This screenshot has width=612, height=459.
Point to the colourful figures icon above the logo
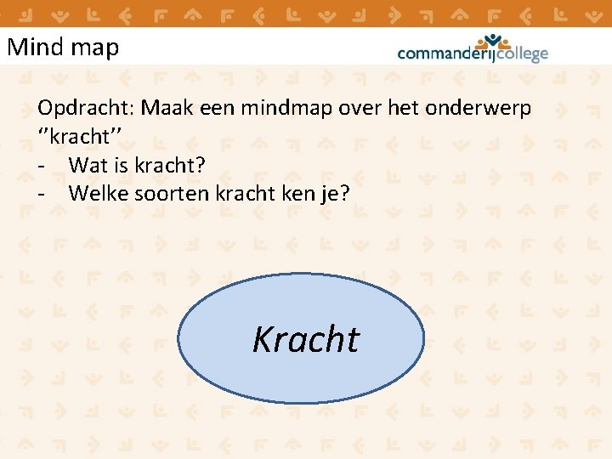tap(493, 41)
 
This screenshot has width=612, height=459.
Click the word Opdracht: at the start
tap(86, 110)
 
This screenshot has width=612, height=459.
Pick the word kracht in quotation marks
tap(85, 137)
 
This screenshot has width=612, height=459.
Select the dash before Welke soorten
tap(42, 194)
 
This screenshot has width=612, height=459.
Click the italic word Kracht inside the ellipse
tap(306, 339)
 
